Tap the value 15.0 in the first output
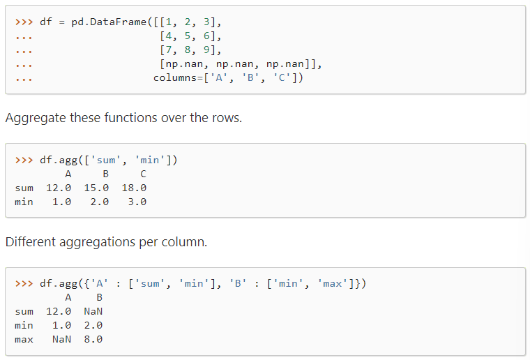(x=96, y=188)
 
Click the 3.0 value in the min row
(x=137, y=202)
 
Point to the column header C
(x=143, y=174)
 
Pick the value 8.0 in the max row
(x=93, y=339)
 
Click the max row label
(x=24, y=339)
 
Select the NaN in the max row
(x=61, y=339)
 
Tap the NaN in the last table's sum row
(x=93, y=311)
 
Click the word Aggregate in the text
(x=36, y=117)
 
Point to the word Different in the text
(x=32, y=242)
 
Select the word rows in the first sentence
(x=225, y=117)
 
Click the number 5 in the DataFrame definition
(x=188, y=36)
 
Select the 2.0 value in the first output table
(x=100, y=202)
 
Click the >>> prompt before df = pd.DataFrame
(x=24, y=21)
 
